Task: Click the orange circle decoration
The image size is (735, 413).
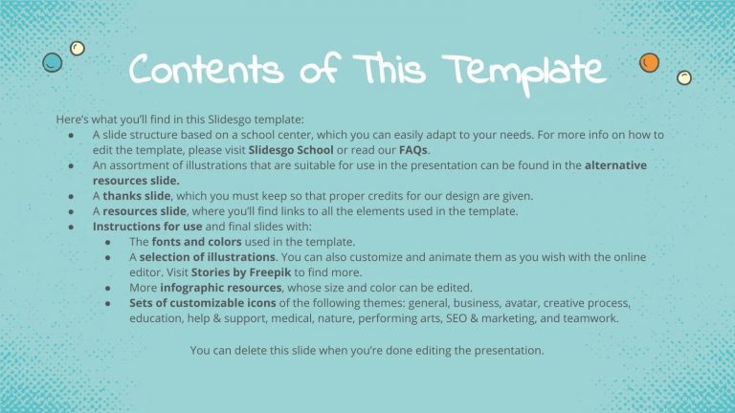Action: [649, 62]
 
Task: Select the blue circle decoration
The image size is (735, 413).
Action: [53, 62]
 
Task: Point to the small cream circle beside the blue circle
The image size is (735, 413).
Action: [78, 48]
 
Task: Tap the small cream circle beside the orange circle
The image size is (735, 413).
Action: [683, 77]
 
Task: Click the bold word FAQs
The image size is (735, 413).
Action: [414, 150]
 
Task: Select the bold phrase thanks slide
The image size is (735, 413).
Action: [136, 196]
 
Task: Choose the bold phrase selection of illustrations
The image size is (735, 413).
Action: [207, 257]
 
